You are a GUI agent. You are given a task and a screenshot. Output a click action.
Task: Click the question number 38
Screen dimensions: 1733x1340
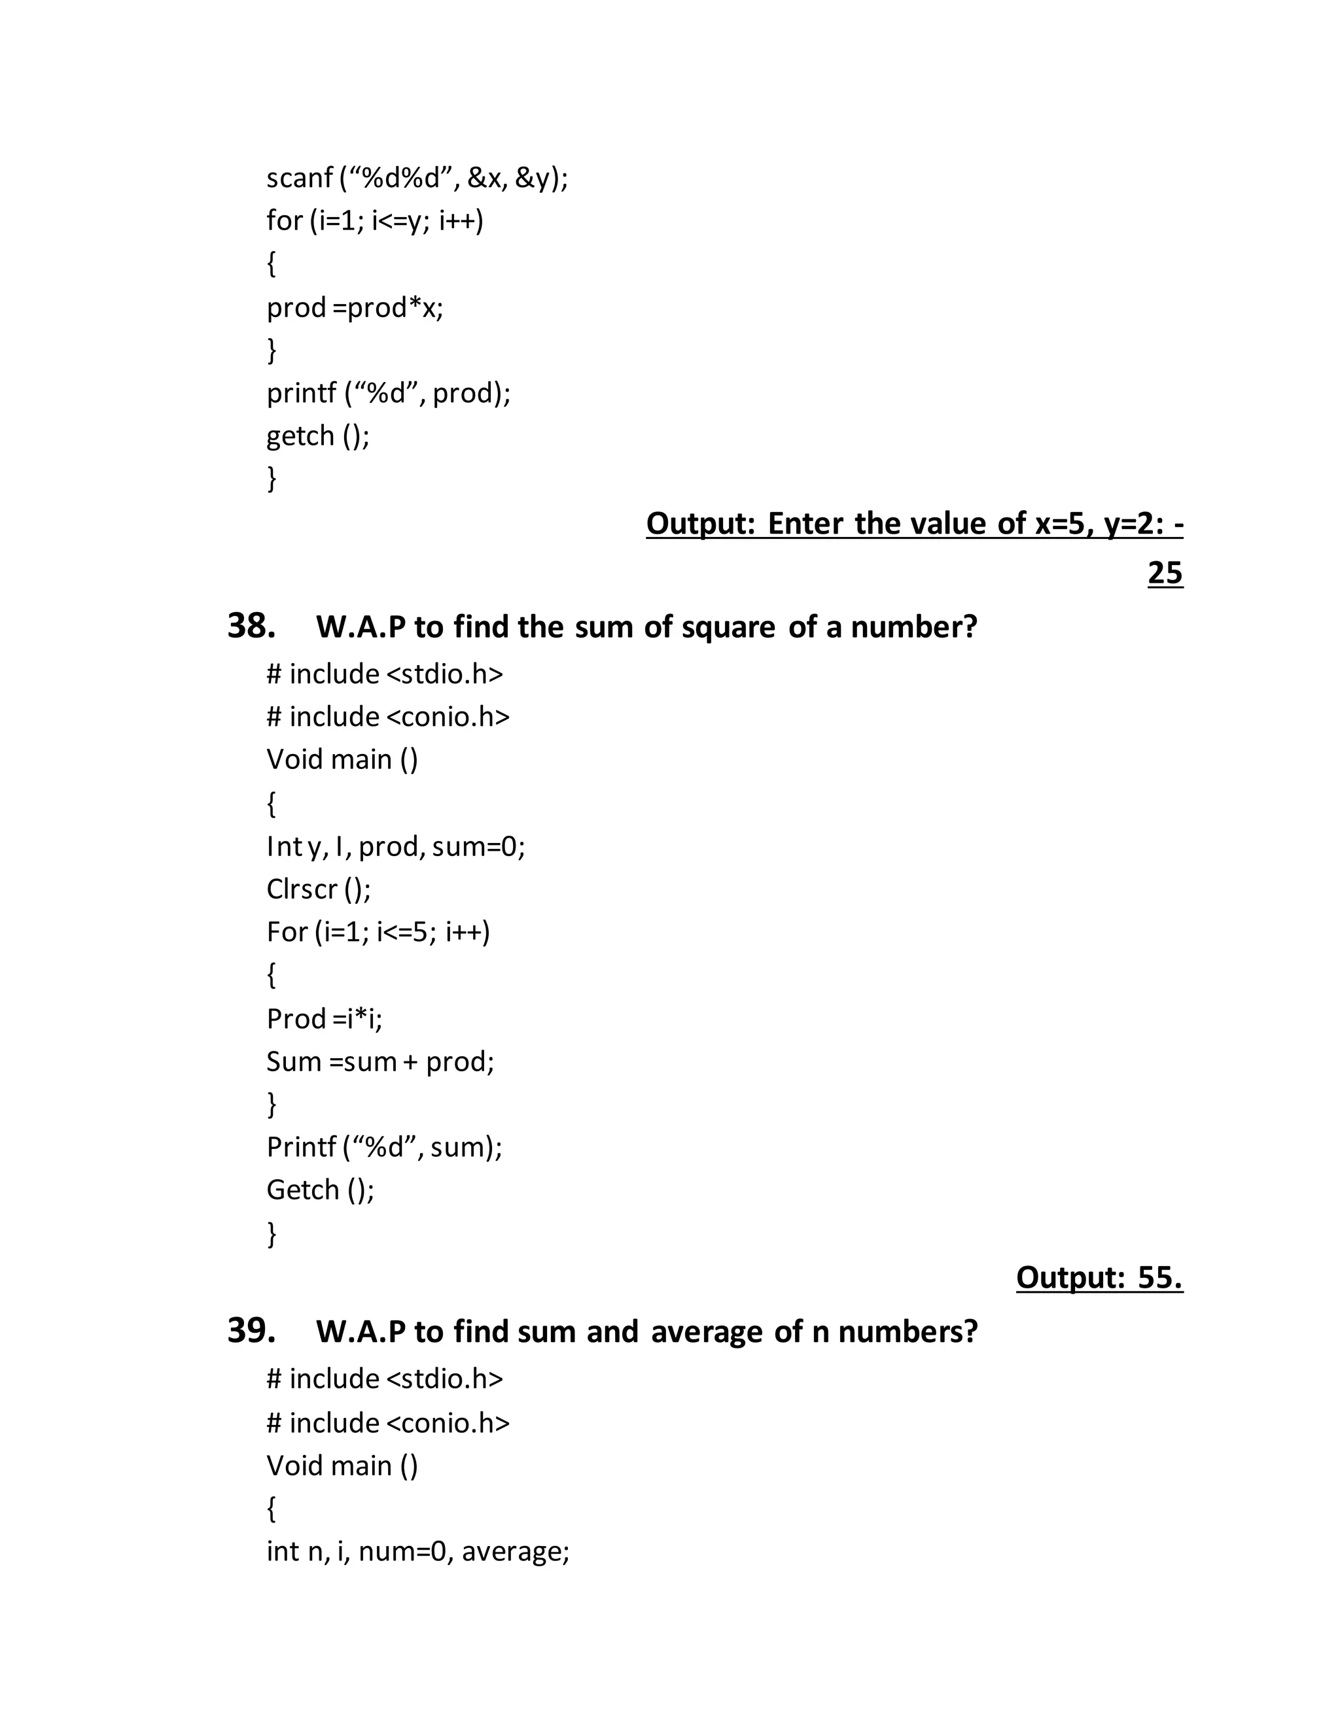[251, 626]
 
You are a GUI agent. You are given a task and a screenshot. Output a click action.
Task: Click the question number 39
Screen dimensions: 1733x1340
[251, 1331]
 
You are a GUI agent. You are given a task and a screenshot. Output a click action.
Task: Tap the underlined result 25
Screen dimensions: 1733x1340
[1165, 573]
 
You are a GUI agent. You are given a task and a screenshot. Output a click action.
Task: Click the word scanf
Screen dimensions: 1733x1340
[299, 178]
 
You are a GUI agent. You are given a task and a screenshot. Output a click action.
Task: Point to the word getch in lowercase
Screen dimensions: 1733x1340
[300, 436]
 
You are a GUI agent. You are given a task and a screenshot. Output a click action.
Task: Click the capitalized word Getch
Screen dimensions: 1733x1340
[302, 1190]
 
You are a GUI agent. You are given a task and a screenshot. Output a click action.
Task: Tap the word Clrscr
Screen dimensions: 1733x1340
[302, 889]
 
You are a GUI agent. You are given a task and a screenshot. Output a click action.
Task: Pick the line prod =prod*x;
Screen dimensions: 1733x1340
[355, 307]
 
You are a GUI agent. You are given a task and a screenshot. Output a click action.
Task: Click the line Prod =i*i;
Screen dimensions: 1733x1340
[324, 1019]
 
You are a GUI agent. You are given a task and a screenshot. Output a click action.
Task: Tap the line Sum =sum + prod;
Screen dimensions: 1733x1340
[380, 1061]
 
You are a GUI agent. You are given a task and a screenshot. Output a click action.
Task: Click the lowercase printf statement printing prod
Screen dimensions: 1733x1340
[388, 393]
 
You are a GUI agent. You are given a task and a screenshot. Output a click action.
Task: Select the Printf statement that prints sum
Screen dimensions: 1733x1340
[384, 1146]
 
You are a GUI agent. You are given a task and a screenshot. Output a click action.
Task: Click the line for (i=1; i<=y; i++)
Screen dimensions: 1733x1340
[375, 220]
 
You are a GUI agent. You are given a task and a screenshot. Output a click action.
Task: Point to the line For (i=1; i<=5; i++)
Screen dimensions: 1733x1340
[378, 931]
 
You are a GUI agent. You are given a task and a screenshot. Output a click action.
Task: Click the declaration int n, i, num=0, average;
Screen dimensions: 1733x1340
[417, 1551]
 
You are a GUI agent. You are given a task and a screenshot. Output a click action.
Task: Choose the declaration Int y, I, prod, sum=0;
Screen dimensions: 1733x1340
[395, 847]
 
